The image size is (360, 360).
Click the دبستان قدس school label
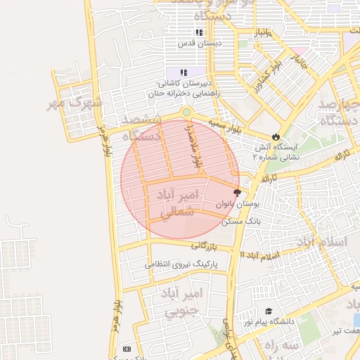click(199, 44)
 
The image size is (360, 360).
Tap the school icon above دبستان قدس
click(199, 32)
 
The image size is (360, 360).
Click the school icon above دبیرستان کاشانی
click(184, 72)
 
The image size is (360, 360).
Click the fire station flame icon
click(276, 136)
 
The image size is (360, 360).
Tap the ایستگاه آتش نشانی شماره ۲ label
click(276, 153)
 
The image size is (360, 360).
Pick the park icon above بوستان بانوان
click(237, 192)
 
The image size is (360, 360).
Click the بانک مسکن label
click(241, 221)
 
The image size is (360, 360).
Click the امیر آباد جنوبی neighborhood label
click(181, 301)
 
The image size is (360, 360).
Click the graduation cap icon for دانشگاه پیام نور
click(269, 311)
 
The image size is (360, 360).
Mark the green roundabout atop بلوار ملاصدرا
click(186, 112)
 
